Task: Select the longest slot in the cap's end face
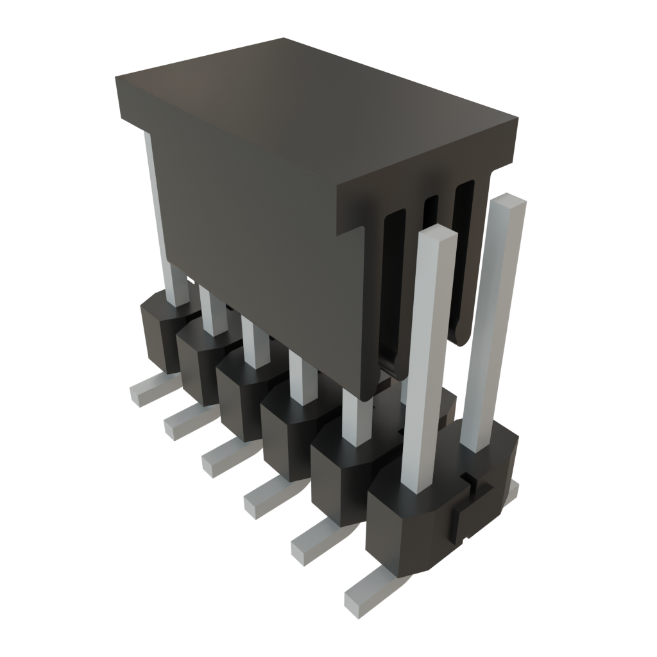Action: pyautogui.click(x=392, y=289)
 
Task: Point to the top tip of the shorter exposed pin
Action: pyautogui.click(x=438, y=232)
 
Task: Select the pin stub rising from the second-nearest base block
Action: pyautogui.click(x=357, y=417)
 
